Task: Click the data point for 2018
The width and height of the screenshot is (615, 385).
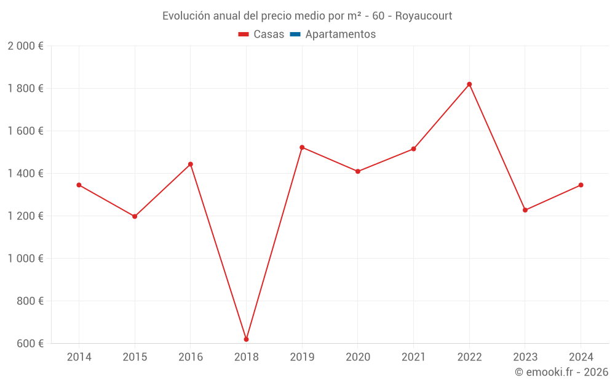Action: (x=246, y=339)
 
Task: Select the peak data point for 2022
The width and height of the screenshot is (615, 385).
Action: (x=469, y=84)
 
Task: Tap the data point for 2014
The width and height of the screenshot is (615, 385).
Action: (x=79, y=185)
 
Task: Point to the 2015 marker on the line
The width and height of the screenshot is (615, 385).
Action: (x=135, y=216)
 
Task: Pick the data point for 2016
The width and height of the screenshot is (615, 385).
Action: (x=191, y=164)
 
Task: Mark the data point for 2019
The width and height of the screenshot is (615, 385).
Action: (x=302, y=147)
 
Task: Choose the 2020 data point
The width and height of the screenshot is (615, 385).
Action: (x=358, y=171)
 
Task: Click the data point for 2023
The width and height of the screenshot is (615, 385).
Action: (x=525, y=210)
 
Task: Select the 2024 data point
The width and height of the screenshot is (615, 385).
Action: (x=581, y=185)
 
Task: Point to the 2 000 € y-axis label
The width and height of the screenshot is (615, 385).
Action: (x=25, y=46)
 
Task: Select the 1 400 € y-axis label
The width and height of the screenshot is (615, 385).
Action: (x=25, y=174)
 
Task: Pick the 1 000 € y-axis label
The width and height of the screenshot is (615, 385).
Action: (x=25, y=259)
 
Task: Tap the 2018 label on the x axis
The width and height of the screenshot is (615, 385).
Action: (x=246, y=357)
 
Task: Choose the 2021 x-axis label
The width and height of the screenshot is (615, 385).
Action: (x=413, y=357)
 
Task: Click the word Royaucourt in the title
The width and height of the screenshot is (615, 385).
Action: (x=424, y=16)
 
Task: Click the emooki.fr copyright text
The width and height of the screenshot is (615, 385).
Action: (x=561, y=372)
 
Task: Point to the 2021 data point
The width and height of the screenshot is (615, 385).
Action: (x=413, y=149)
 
